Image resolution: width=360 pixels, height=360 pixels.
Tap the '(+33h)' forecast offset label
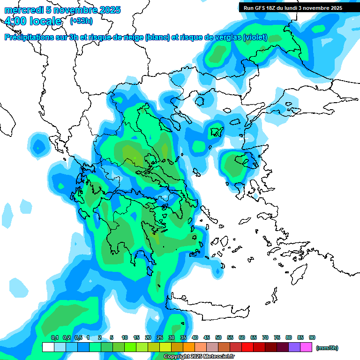81,21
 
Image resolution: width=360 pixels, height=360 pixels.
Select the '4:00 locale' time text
32,21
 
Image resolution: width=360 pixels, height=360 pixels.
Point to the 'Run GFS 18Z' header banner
292,7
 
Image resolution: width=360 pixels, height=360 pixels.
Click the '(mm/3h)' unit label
327,348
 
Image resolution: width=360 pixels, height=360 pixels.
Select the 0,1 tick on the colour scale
54,338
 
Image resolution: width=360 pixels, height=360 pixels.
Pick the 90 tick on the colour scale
312,338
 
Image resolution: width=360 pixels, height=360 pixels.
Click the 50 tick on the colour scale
218,338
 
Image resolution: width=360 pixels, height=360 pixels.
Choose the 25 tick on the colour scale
160,338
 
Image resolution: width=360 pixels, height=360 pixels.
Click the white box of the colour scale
48,347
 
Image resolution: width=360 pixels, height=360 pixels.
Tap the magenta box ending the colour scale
306,347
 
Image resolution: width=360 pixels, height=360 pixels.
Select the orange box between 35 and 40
189,347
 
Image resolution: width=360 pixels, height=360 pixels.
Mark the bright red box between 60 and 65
247,347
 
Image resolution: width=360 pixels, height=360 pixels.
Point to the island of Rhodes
299,275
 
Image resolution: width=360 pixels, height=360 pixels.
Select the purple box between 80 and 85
294,347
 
